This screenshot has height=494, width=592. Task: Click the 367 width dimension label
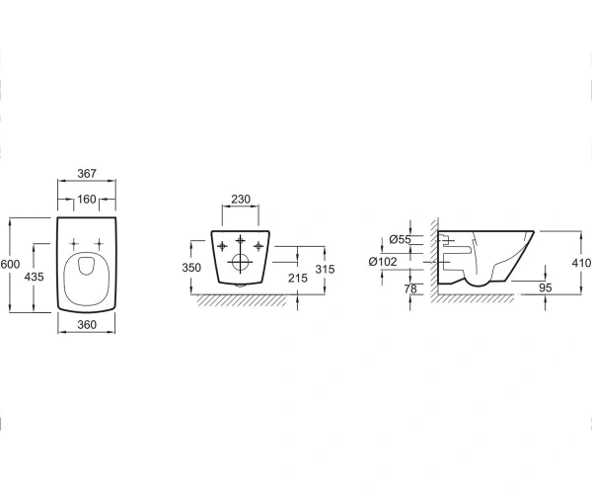click(87, 174)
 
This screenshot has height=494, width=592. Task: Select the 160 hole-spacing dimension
click(87, 200)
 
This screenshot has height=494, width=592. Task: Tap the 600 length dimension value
click(10, 264)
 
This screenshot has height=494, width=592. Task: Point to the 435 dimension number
click(34, 277)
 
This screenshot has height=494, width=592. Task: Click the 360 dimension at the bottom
click(87, 324)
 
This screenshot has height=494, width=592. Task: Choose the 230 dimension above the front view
click(241, 199)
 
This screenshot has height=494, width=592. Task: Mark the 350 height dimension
click(191, 268)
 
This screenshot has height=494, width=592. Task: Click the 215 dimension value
click(298, 278)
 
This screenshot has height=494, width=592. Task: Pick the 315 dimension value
click(325, 269)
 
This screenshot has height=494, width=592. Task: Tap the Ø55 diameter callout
click(400, 239)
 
